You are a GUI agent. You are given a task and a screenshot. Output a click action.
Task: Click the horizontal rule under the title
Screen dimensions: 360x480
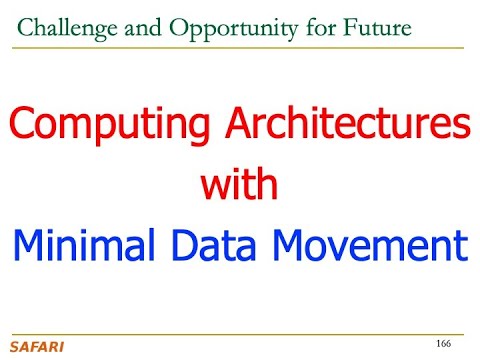(x=240, y=47)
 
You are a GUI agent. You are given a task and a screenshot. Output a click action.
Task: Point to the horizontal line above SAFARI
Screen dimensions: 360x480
(x=240, y=334)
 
